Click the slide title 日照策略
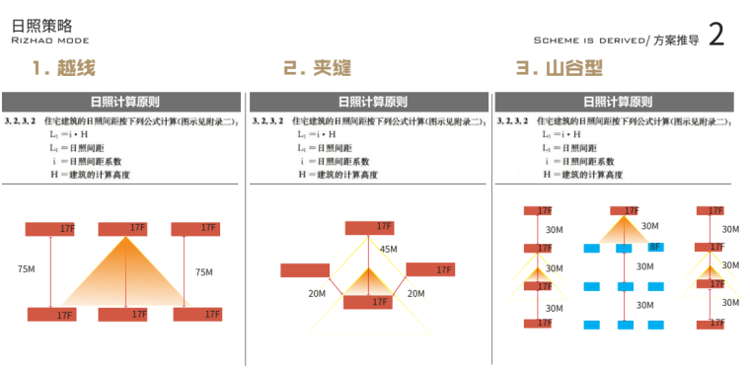[x=41, y=25]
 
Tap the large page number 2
[x=717, y=36]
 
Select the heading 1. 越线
[x=63, y=69]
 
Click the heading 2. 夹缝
[x=317, y=69]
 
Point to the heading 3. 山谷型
[x=560, y=69]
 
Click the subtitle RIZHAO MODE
[x=50, y=41]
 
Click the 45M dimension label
[x=388, y=250]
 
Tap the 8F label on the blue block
[x=655, y=248]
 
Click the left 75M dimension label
[x=27, y=270]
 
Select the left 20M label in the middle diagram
[x=317, y=293]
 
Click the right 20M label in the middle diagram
[x=415, y=293]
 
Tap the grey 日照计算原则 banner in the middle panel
[x=369, y=101]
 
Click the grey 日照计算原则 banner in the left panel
[x=122, y=101]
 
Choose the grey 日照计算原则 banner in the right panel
[x=615, y=101]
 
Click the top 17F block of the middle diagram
[x=369, y=228]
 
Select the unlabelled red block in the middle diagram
[x=305, y=270]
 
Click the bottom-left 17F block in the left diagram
[x=51, y=315]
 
